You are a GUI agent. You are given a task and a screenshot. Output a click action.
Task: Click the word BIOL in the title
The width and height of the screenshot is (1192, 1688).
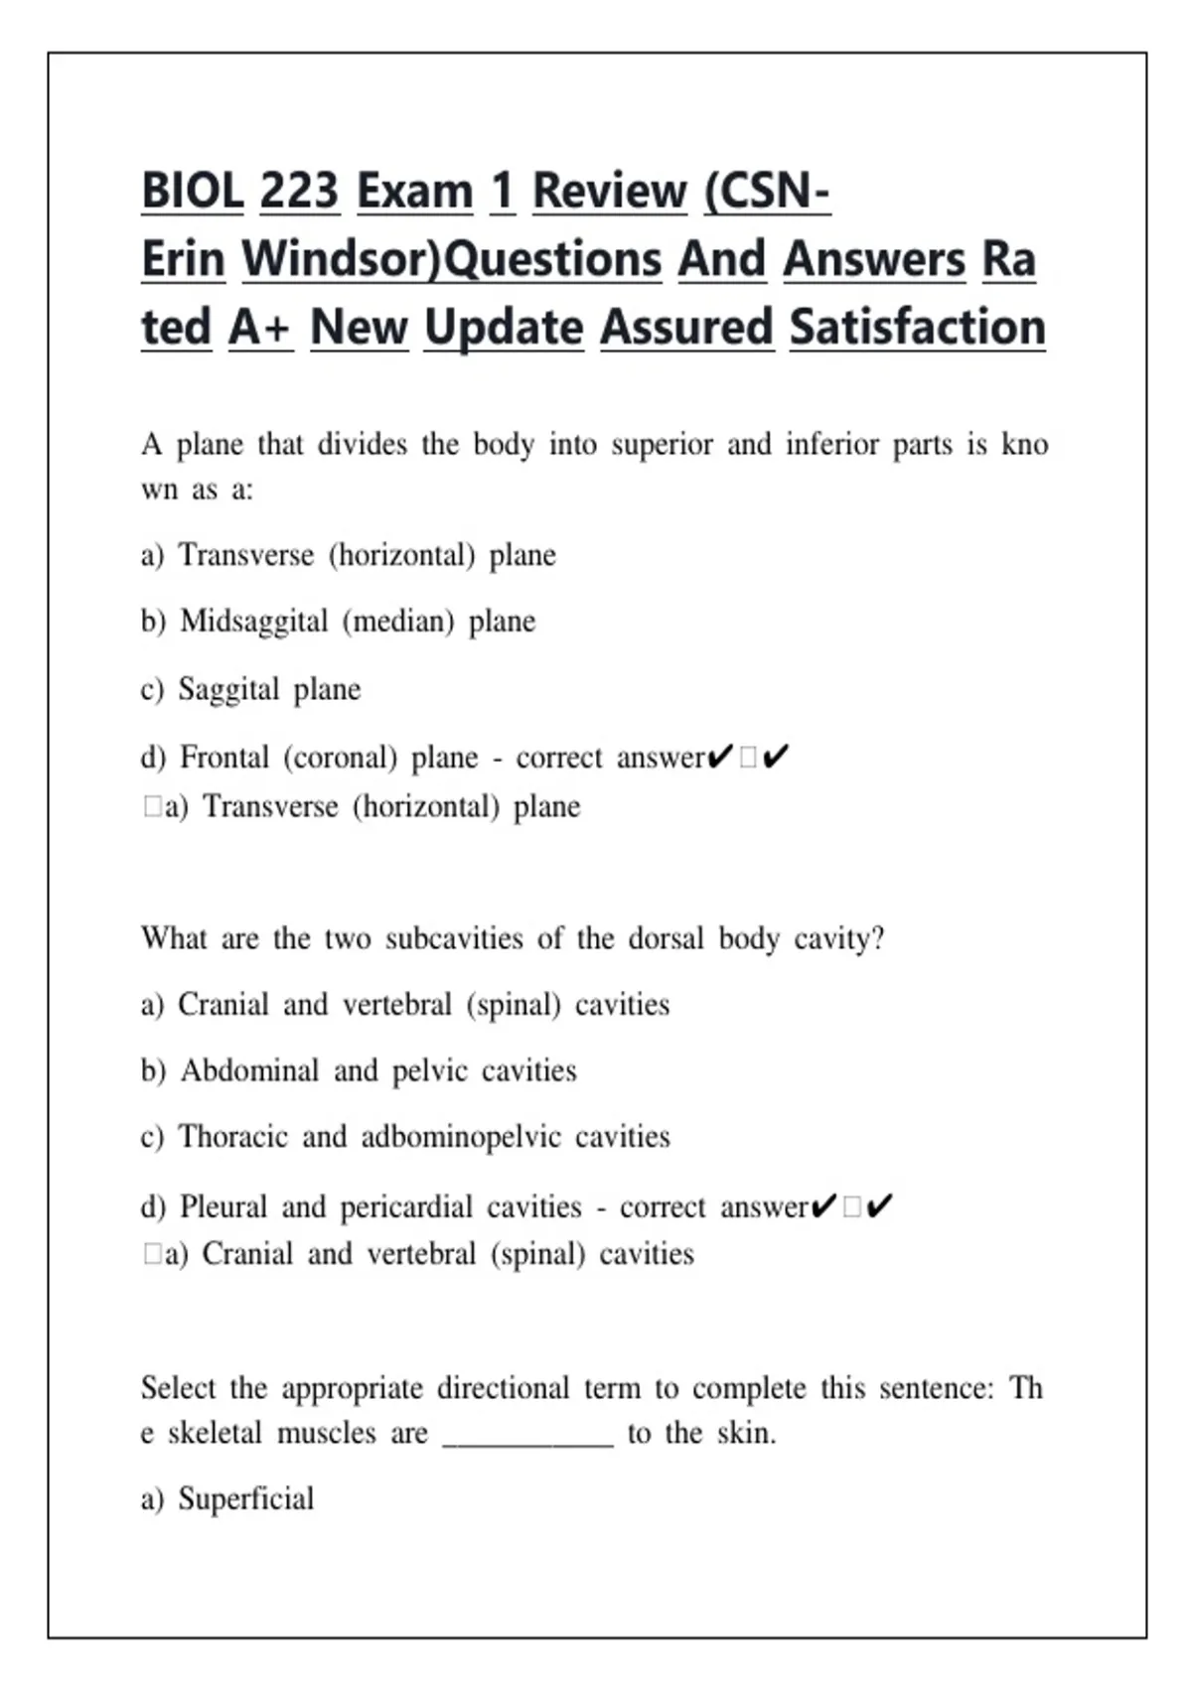(x=192, y=191)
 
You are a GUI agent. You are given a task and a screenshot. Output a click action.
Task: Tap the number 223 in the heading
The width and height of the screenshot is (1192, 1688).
(x=299, y=191)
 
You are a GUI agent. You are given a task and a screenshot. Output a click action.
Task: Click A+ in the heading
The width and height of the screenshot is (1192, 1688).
(x=260, y=328)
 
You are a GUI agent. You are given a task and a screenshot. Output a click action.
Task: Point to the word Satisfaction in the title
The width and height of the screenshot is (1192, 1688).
(x=917, y=328)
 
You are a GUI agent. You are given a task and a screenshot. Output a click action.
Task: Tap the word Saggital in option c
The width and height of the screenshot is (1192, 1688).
(x=228, y=689)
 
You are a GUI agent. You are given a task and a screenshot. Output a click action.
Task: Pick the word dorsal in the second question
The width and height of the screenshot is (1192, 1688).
(x=666, y=938)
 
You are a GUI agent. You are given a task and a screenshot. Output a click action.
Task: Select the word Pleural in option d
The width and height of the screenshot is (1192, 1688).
(x=223, y=1207)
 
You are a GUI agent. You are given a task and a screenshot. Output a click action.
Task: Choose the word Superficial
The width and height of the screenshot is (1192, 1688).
(x=245, y=1498)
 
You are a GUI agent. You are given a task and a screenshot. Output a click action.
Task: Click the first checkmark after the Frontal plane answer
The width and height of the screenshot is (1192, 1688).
(x=720, y=758)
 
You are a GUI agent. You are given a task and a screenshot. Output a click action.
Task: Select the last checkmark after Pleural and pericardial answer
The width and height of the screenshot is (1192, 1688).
(x=879, y=1207)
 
